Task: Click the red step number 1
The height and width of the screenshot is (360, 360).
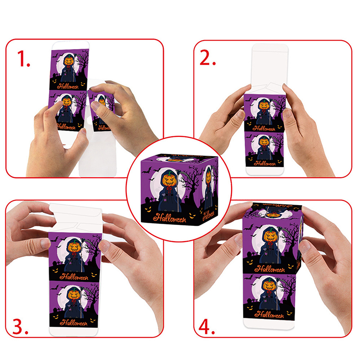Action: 23,59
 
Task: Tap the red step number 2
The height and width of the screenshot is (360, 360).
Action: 207,58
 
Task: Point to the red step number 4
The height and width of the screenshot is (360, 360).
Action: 207,326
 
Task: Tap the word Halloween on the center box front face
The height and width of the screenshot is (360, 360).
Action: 170,217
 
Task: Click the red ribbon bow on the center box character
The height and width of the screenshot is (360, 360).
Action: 170,189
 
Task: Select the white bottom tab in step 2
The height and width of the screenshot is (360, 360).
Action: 264,171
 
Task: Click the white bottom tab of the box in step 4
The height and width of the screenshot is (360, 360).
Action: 269,324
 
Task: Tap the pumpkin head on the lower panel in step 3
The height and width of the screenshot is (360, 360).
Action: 73,294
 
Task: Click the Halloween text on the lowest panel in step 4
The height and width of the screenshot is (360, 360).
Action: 269,314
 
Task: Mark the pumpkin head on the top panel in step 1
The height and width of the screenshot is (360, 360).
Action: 69,61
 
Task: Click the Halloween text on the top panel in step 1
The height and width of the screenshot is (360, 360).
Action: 68,86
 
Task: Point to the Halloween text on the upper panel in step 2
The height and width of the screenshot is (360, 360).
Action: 264,128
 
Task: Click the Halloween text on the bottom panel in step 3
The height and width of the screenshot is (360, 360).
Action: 74,323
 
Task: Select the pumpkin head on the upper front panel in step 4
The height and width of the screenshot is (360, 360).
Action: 270,237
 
